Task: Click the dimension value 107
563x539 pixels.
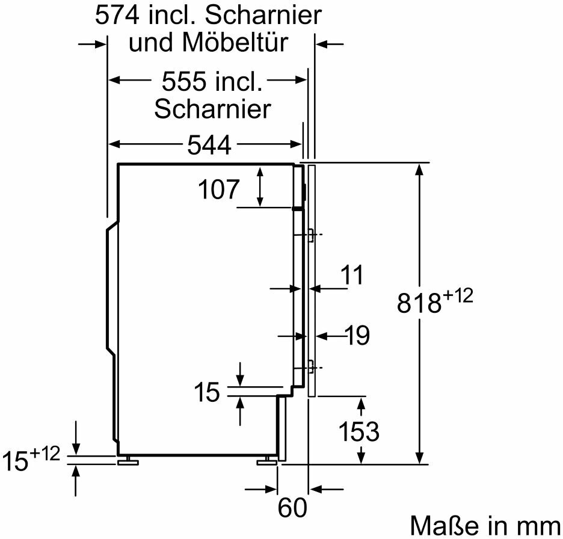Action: pyautogui.click(x=218, y=191)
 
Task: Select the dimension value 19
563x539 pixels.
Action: pyautogui.click(x=357, y=336)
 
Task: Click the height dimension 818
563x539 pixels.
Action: pyautogui.click(x=419, y=304)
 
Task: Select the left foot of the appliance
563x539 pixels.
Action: pyautogui.click(x=128, y=461)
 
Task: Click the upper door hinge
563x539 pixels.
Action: pyautogui.click(x=310, y=235)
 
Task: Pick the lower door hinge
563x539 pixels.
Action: pyautogui.click(x=310, y=365)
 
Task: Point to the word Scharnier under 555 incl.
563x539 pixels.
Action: pyautogui.click(x=212, y=109)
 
